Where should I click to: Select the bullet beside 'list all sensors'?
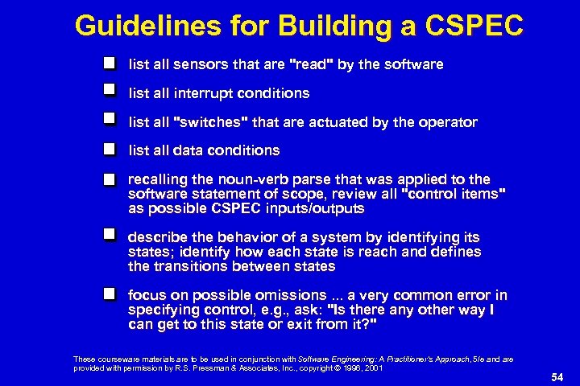tap(111, 63)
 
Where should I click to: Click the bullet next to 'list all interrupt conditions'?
tap(111, 92)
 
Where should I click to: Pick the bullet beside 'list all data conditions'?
tap(111, 149)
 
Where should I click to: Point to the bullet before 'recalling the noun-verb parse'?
tap(111, 179)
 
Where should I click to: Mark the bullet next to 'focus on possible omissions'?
tap(111, 294)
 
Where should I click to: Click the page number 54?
tap(556, 376)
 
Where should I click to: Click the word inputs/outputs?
tap(313, 209)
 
